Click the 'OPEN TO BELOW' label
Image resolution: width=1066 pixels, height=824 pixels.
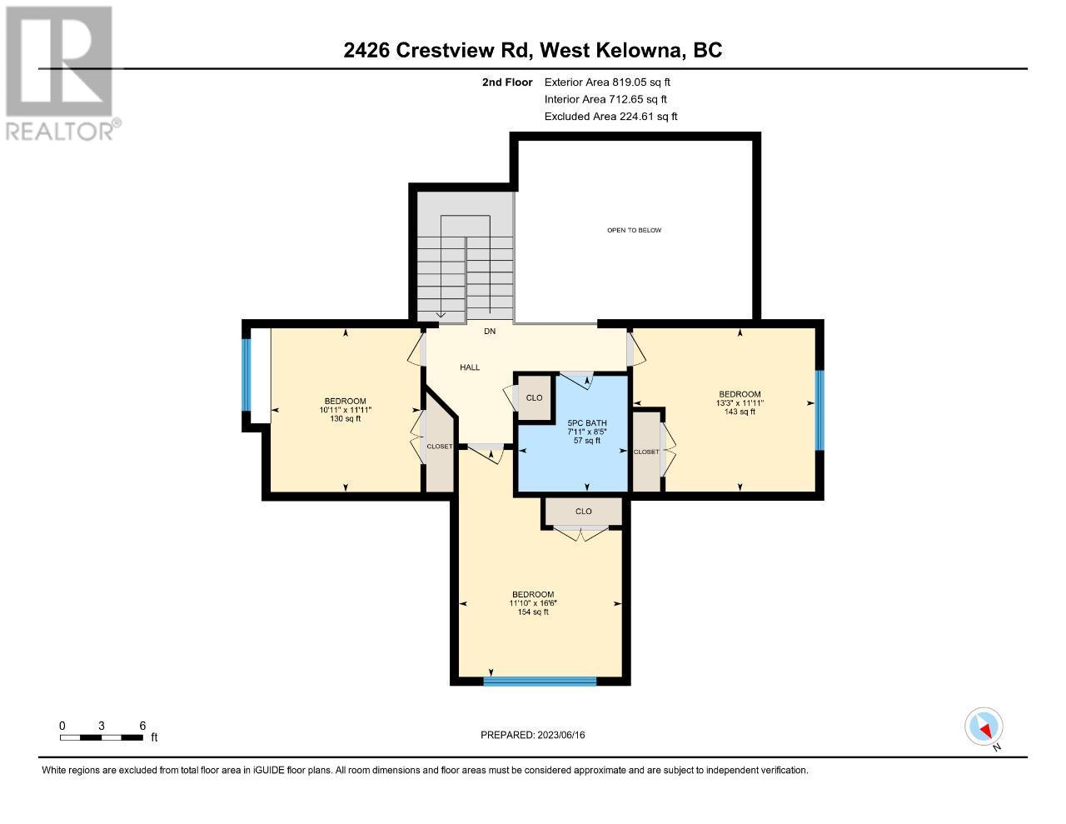coord(634,230)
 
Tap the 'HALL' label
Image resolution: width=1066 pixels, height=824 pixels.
coord(470,367)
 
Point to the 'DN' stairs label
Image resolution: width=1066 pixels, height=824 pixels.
coord(490,332)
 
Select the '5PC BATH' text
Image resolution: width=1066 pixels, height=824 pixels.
coord(587,423)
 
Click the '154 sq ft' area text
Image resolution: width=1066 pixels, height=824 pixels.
coord(533,612)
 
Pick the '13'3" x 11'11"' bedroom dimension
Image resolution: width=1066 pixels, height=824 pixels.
coord(740,403)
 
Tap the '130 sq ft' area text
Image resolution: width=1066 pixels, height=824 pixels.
coord(346,418)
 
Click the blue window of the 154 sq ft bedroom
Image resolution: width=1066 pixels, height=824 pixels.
coord(540,682)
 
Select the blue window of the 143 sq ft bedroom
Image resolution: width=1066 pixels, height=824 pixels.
coord(819,410)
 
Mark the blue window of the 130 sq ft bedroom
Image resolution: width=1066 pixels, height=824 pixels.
coord(247,368)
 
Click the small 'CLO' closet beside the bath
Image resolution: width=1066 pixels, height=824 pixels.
coord(534,398)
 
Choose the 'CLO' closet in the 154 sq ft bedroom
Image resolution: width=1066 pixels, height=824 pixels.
coord(583,512)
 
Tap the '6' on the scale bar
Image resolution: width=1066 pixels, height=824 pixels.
coord(142,726)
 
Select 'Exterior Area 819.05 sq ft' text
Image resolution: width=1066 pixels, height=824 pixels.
coord(607,82)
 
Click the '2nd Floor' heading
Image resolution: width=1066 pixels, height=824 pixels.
coord(507,82)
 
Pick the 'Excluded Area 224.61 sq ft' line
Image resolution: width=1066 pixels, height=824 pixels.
coord(610,117)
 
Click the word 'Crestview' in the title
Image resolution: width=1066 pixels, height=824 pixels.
coord(445,51)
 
